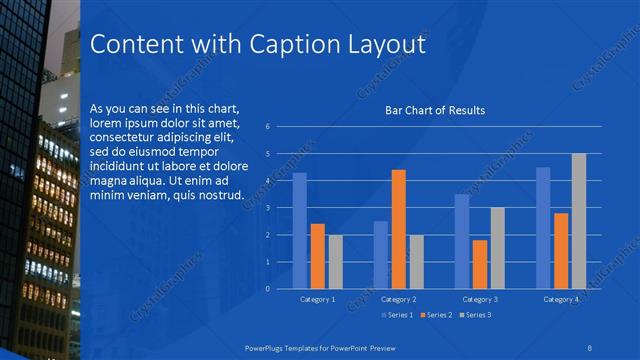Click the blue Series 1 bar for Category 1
coord(299,231)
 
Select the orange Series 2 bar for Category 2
coord(398,229)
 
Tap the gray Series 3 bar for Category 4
coord(579,221)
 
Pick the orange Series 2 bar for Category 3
coord(480,264)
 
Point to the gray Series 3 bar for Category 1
coord(335,262)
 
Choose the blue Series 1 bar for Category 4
coord(543,228)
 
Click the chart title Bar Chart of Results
coord(435,110)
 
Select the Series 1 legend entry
coord(398,315)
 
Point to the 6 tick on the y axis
coord(268,127)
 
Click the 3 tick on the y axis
coord(268,208)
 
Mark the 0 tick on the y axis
coord(268,289)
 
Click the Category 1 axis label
coord(317,299)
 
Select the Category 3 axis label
coord(480,299)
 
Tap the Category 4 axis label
coord(561,299)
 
